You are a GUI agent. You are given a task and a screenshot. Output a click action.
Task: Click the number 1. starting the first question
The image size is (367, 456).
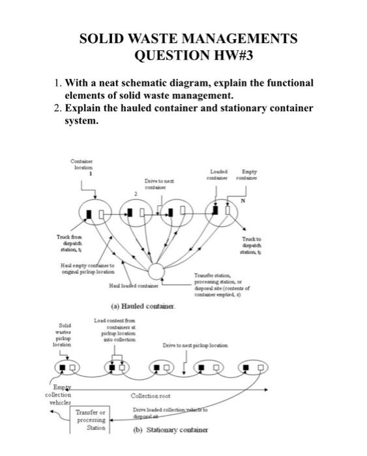pyautogui.click(x=59, y=83)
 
